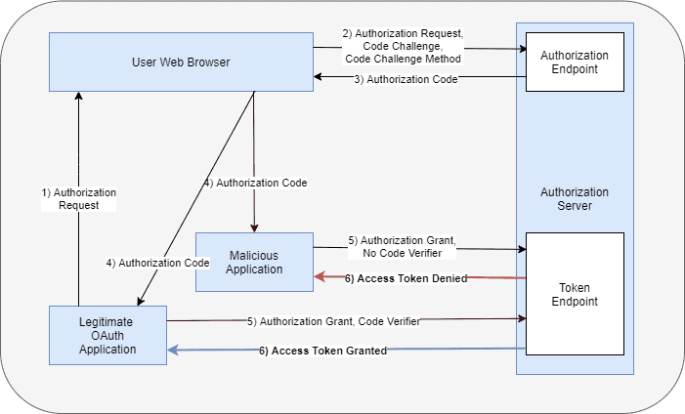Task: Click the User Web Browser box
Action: pos(181,62)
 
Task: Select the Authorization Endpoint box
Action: pos(574,62)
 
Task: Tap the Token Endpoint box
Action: pos(574,295)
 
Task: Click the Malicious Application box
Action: pos(254,262)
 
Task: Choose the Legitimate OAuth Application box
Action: pos(108,335)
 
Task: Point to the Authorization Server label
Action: pos(574,199)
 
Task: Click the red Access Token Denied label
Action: pos(406,278)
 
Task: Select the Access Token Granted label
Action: pos(322,351)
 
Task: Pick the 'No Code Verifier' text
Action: pos(402,253)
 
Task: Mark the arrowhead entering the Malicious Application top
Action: pos(254,228)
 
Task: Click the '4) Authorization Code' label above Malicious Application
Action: pos(255,183)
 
